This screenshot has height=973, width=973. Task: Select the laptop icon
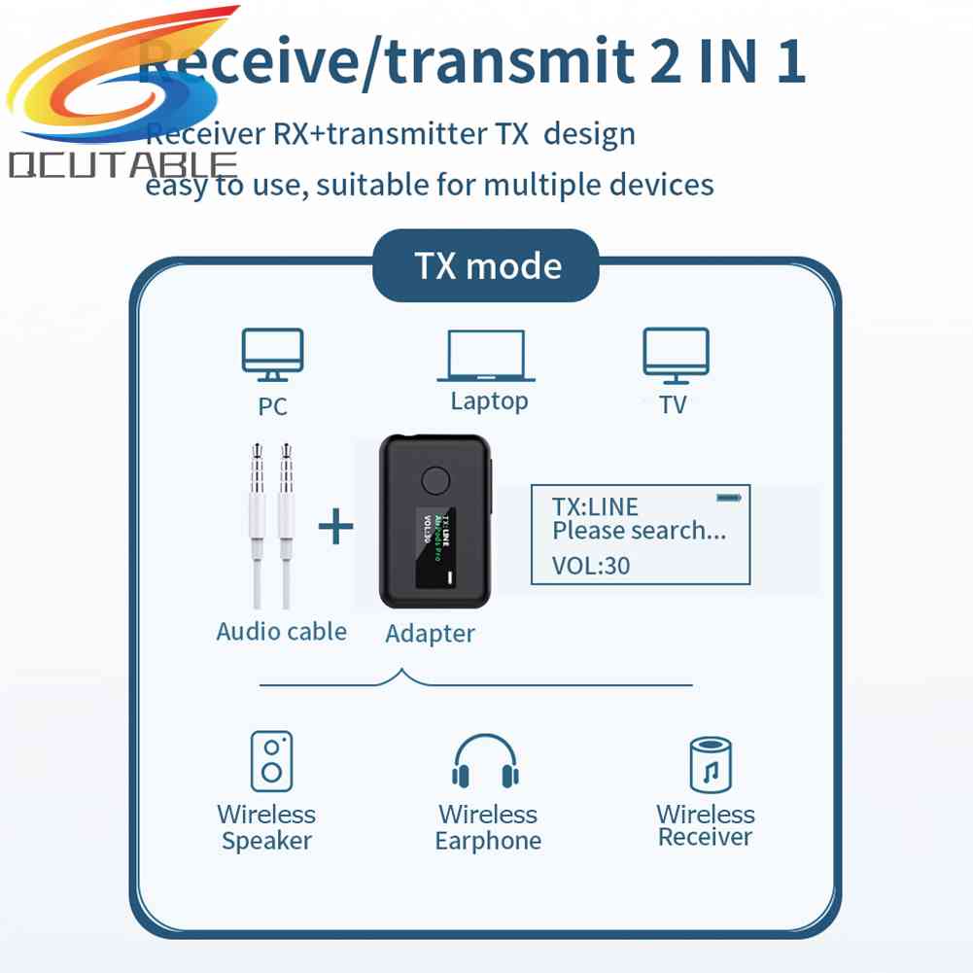486,355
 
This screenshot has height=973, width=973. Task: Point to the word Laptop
489,400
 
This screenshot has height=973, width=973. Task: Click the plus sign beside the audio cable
336,528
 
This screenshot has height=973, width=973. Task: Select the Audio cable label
281,631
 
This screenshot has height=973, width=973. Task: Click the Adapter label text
430,634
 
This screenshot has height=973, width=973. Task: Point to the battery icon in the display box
729,498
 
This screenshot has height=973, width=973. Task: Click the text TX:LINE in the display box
595,506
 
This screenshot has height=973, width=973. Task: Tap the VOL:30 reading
591,565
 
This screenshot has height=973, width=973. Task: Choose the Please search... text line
639,531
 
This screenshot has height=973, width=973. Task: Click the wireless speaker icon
271,761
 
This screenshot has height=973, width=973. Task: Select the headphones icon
486,761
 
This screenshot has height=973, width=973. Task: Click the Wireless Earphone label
488,828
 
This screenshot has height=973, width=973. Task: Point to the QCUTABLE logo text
122,165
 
